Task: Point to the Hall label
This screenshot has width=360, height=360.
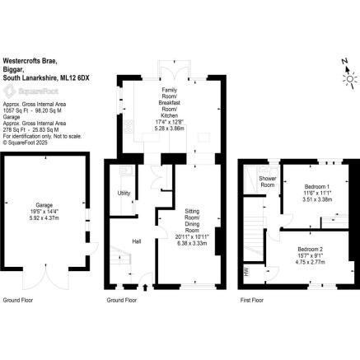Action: click(136, 241)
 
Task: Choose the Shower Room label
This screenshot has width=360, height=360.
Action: click(267, 181)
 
